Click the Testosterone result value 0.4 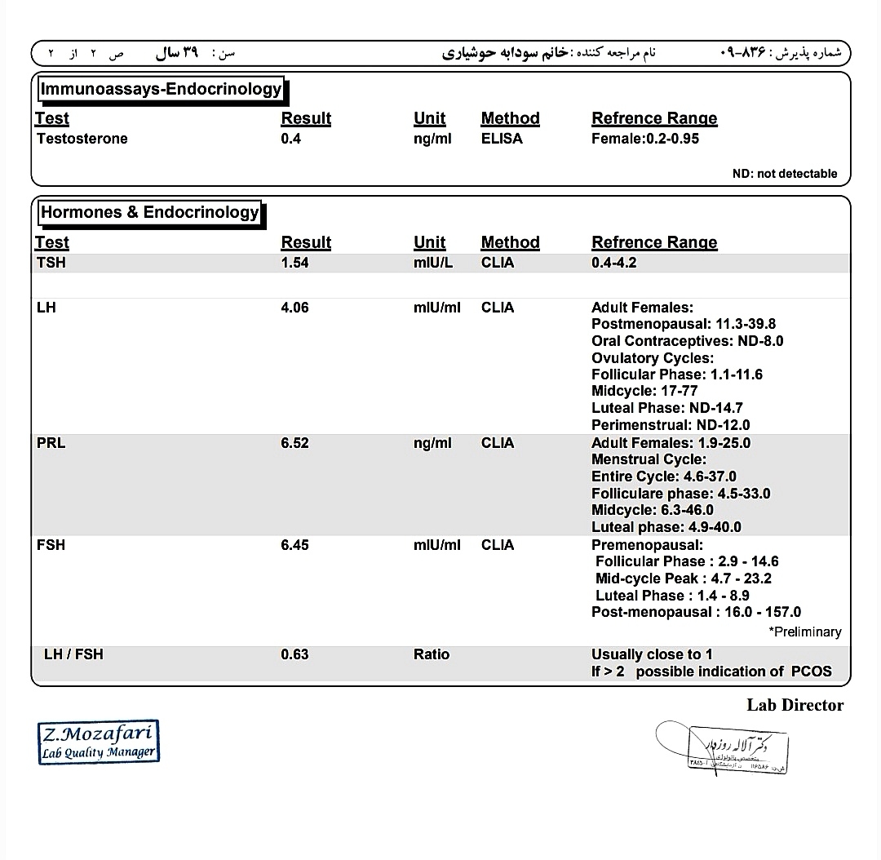[x=290, y=139]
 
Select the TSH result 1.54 [x=294, y=263]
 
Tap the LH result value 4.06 [x=294, y=308]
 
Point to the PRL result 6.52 [x=294, y=443]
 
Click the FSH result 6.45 [x=294, y=544]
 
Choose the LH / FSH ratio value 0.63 [x=294, y=654]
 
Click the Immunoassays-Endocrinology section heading [x=162, y=89]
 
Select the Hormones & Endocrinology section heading [x=150, y=212]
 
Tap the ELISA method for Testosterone [x=502, y=139]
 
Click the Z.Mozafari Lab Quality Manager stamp [x=99, y=742]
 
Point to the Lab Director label [x=795, y=705]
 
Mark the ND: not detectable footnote [x=784, y=173]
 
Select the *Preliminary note [x=804, y=632]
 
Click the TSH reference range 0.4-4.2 [x=613, y=263]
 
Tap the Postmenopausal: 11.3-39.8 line [x=684, y=324]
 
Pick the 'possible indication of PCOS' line [x=711, y=672]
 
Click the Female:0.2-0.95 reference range [x=644, y=139]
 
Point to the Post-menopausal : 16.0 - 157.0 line [x=696, y=612]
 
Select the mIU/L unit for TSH [x=433, y=263]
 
